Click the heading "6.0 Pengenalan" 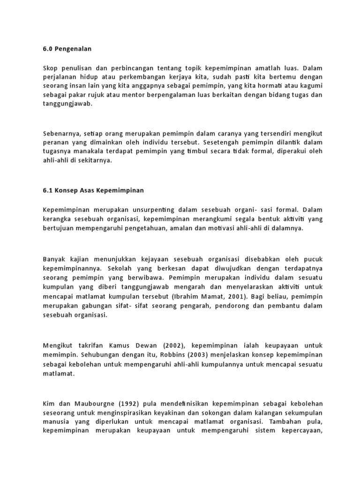tap(67, 49)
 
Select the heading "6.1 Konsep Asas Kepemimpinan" tap(93, 190)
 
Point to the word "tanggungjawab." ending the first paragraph tap(67, 104)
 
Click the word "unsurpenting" tap(153, 210)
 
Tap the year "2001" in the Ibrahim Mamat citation tap(239, 296)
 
